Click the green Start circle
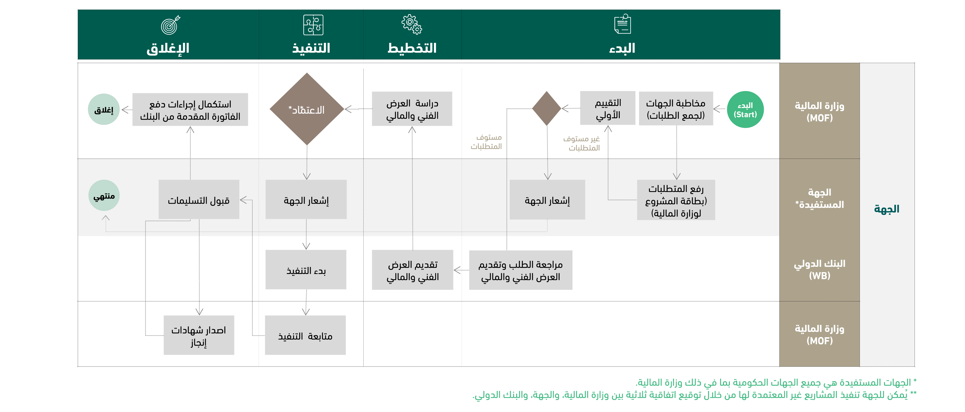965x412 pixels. [745, 109]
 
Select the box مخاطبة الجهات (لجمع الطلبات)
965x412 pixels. [675, 109]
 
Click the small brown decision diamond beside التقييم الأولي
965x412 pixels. [546, 108]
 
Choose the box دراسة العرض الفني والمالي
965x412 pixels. [412, 109]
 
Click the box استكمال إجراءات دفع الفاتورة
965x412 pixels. [190, 109]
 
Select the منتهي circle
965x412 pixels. [104, 195]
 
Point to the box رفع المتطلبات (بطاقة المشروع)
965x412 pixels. [676, 200]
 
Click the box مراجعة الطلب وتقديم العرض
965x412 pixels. [520, 270]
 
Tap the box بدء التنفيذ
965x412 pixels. [306, 270]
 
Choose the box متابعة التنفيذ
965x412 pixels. [305, 335]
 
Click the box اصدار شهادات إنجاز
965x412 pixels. [199, 335]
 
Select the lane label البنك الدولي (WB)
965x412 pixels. [819, 269]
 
